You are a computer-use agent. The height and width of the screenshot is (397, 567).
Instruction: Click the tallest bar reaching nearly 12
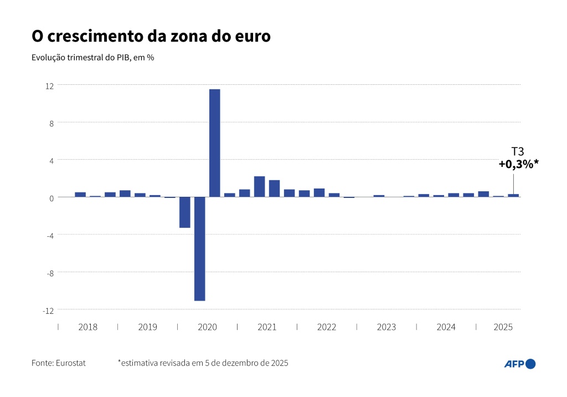(x=214, y=143)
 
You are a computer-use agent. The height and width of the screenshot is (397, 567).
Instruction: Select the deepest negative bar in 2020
(x=199, y=249)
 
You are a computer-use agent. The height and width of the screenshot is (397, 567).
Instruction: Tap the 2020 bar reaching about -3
(x=184, y=212)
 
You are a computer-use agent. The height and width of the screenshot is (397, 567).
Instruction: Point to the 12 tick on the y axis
(x=50, y=85)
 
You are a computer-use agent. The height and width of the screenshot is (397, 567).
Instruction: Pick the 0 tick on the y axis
(x=51, y=198)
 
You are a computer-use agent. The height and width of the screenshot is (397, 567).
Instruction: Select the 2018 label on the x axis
(x=87, y=327)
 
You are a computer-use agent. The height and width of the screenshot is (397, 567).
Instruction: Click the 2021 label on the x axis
(x=267, y=327)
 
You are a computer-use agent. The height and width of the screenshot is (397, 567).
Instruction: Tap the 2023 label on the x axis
(x=386, y=327)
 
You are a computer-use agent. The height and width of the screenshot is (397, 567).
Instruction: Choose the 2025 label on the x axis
(x=503, y=327)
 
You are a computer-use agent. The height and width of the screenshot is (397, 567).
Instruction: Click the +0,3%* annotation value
(x=519, y=164)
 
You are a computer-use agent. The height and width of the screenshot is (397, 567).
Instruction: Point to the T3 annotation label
(x=517, y=151)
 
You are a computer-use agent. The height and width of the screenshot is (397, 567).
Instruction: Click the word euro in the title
(x=252, y=37)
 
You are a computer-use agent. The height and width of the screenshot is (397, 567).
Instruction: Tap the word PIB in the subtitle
(x=122, y=58)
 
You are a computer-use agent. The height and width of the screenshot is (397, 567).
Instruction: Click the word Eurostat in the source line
(x=70, y=363)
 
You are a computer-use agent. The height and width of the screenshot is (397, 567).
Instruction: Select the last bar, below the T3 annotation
(x=513, y=196)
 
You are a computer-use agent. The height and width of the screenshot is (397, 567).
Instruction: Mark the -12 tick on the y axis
(x=48, y=311)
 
